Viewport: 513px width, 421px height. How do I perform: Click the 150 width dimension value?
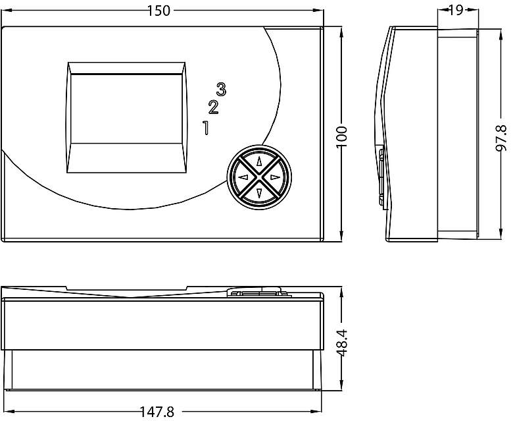tap(159, 11)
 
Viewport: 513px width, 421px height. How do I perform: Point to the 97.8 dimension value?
tap(501, 138)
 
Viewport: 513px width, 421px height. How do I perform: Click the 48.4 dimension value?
tap(342, 343)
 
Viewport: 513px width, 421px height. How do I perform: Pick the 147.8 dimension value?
tap(157, 412)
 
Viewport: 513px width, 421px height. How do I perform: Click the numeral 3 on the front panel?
tap(222, 89)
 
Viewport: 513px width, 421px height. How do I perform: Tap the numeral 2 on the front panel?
tap(213, 107)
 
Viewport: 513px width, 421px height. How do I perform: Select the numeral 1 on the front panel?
tap(206, 127)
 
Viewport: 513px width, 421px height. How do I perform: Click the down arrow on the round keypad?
tap(259, 193)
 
